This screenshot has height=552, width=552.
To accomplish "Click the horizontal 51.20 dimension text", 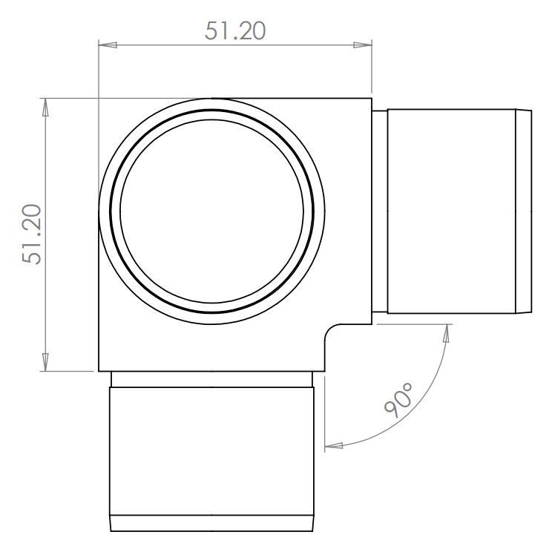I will (234, 30).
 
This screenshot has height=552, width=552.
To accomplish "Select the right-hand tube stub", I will (453, 211).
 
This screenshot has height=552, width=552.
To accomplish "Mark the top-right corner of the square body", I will (371, 98).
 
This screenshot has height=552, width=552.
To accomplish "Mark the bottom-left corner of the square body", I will (99, 371).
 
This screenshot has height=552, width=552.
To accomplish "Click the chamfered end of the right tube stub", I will (525, 211).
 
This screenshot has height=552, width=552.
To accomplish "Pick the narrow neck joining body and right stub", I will (378, 211).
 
